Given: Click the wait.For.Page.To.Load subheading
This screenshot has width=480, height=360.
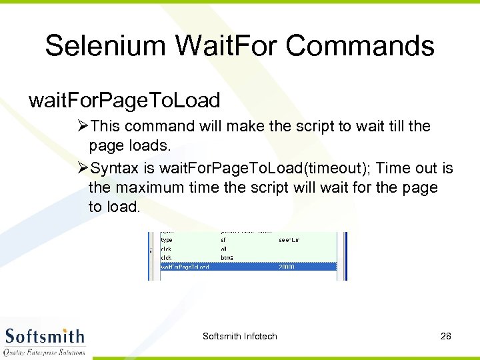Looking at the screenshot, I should [x=125, y=101].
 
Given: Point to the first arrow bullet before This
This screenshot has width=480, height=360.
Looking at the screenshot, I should [x=84, y=126].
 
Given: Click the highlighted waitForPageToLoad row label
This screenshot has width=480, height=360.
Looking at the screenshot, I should [x=185, y=267].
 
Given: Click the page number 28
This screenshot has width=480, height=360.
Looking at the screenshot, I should [x=446, y=336].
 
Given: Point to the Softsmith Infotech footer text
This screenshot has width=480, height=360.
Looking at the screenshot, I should [x=240, y=336].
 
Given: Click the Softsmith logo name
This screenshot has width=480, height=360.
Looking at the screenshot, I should [x=45, y=335].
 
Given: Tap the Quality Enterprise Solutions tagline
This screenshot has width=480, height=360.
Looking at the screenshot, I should [x=45, y=351].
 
